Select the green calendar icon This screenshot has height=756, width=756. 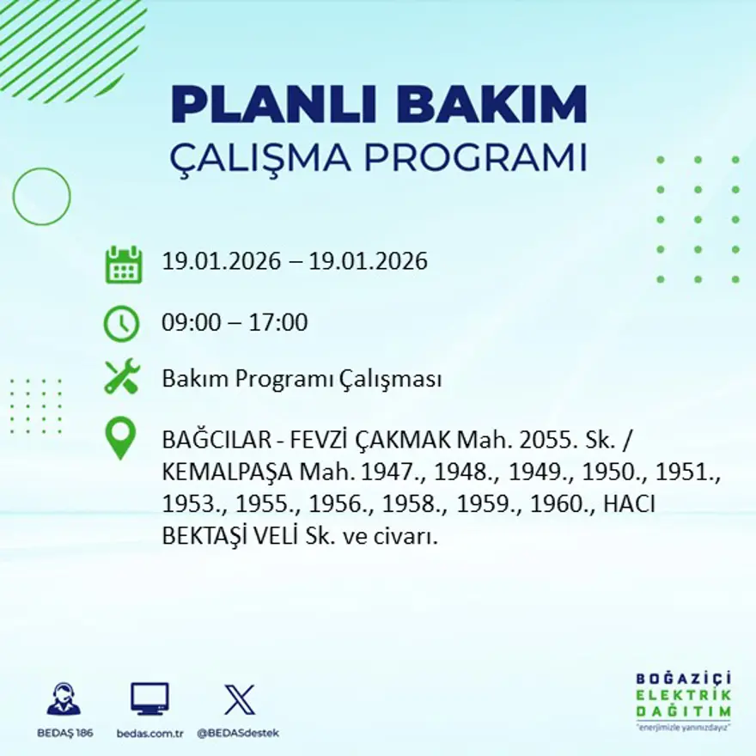pos(123,265)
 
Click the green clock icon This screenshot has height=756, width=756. pos(121,324)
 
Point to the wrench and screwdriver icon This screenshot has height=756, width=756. pos(122,377)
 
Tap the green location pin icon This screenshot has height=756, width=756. pos(120,437)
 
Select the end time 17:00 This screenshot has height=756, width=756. pos(278,324)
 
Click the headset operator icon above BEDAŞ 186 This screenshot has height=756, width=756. pos(64,699)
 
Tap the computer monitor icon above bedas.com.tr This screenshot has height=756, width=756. pos(149,699)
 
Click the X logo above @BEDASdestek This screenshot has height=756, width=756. pos(239,699)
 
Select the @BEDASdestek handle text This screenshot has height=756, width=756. pos(238,733)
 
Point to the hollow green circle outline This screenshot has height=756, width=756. pos(41,197)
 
